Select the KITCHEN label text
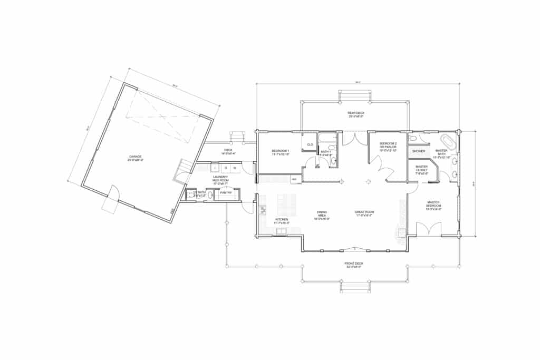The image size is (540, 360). (282, 220)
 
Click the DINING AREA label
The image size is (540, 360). (321, 215)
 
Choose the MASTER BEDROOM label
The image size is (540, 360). (433, 203)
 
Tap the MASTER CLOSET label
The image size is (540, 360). (421, 168)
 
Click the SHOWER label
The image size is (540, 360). (419, 151)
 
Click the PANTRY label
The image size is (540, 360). (226, 193)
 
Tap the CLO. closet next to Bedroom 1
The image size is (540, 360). (310, 144)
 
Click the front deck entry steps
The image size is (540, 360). (355, 288)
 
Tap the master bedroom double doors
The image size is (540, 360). (428, 229)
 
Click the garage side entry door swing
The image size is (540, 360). (113, 194)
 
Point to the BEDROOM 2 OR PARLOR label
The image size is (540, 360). (388, 147)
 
